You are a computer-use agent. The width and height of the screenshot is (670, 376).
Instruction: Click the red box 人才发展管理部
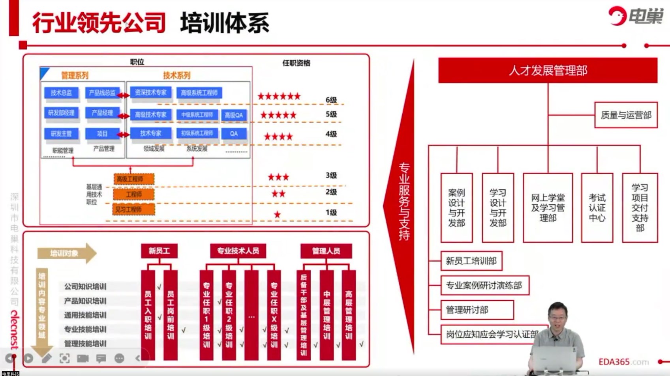[x=548, y=70]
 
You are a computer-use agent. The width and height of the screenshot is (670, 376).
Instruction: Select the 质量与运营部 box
[x=626, y=115]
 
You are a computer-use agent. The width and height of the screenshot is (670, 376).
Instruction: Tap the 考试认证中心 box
[x=597, y=208]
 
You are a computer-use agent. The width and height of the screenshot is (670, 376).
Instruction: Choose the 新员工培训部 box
[x=471, y=261]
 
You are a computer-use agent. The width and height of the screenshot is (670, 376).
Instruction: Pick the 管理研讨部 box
[x=477, y=310]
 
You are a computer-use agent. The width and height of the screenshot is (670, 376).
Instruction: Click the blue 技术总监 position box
[x=61, y=93]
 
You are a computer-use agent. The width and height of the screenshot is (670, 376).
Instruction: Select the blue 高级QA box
[x=234, y=115]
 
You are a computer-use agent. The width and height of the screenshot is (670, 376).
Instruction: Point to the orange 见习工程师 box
[x=133, y=210]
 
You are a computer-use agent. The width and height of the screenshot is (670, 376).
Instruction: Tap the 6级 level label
[x=331, y=100]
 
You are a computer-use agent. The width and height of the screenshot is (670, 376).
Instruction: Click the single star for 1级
[x=277, y=215]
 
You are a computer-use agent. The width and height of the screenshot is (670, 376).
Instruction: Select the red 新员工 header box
[x=159, y=251]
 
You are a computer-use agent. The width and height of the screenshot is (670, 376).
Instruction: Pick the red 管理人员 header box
[x=326, y=251]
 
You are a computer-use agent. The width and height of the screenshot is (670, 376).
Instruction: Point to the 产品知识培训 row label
[x=85, y=301]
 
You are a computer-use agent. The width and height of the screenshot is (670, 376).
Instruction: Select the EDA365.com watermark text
[x=623, y=362]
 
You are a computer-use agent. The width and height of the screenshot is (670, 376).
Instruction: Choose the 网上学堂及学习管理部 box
[x=548, y=208]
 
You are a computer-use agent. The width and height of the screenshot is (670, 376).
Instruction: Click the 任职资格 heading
[x=296, y=63]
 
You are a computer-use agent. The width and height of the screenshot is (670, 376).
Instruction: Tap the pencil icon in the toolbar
[x=47, y=358]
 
